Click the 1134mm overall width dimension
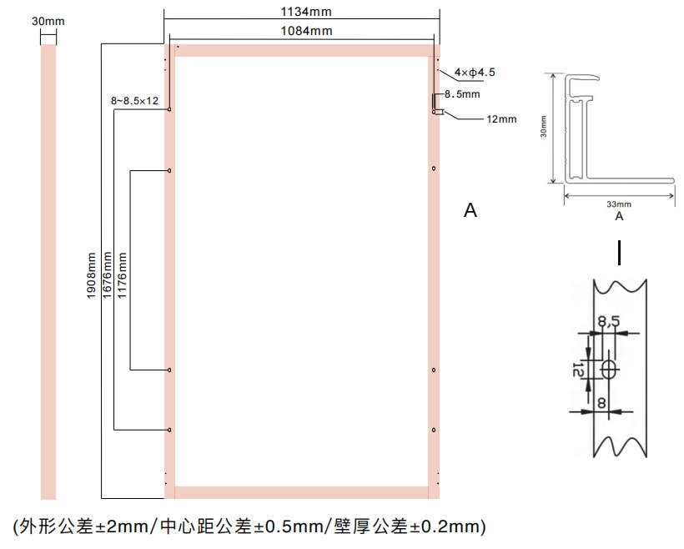tap(306, 12)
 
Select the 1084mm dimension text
tap(306, 31)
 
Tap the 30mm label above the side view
tap(48, 21)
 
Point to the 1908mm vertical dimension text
tap(91, 275)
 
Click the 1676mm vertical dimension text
tap(107, 275)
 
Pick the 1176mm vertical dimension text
tap(122, 275)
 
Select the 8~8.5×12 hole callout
tap(134, 101)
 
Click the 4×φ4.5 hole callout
tap(475, 72)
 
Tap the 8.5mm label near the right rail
tap(462, 93)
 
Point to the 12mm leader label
tap(501, 119)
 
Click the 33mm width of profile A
tap(619, 204)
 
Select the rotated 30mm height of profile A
tap(543, 127)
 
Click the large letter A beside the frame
tap(470, 210)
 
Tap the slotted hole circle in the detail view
tap(610, 370)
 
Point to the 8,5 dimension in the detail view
tap(609, 321)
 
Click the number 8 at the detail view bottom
tap(601, 402)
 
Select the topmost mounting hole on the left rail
tap(169, 109)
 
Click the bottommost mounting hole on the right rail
tap(434, 430)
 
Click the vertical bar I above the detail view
tap(619, 253)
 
